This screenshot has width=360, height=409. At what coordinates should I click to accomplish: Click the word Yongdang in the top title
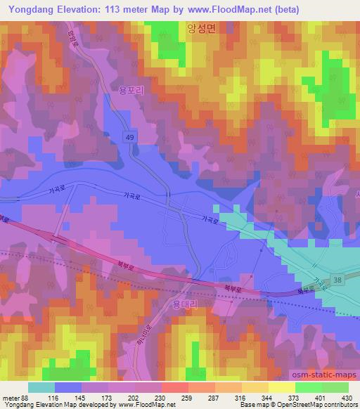click(x=32, y=10)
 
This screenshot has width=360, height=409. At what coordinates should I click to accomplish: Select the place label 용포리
click(x=130, y=90)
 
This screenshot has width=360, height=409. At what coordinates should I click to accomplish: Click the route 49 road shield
click(x=133, y=136)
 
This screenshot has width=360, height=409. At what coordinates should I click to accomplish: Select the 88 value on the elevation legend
click(x=27, y=398)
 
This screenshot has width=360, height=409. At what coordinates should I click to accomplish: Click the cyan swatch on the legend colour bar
click(x=41, y=387)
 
